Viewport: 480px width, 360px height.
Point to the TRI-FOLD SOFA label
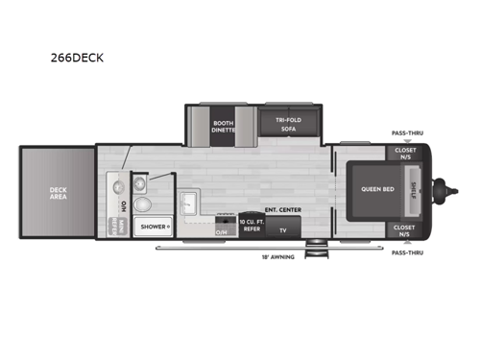click(284, 125)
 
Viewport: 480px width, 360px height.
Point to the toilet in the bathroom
click(142, 204)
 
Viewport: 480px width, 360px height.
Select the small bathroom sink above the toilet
click(141, 180)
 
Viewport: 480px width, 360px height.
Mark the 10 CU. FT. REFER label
click(252, 227)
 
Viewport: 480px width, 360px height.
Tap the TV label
click(283, 230)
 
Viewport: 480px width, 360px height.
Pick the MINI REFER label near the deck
click(113, 228)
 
